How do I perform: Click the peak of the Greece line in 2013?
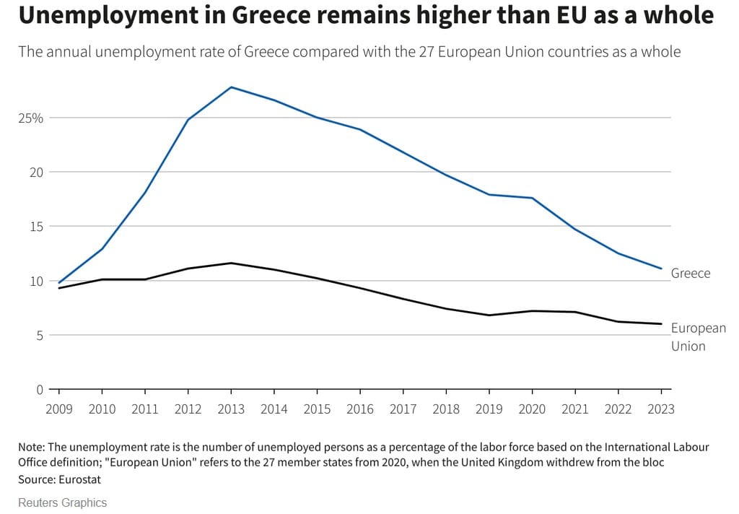click(231, 87)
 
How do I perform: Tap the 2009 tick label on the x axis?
click(59, 409)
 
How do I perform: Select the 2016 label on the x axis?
click(360, 409)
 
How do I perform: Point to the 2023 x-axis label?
click(661, 409)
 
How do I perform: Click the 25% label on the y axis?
click(31, 118)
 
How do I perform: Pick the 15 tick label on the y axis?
click(36, 227)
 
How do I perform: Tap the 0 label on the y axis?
click(40, 390)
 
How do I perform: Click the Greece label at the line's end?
click(691, 274)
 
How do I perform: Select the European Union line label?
click(698, 336)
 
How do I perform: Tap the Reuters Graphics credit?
click(62, 502)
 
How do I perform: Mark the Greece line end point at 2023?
click(661, 269)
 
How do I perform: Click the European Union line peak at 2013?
click(231, 263)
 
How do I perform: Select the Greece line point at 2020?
click(533, 198)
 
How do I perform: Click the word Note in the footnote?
click(32, 448)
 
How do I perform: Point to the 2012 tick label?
click(188, 409)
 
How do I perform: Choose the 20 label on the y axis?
click(36, 172)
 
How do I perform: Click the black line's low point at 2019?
click(489, 315)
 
